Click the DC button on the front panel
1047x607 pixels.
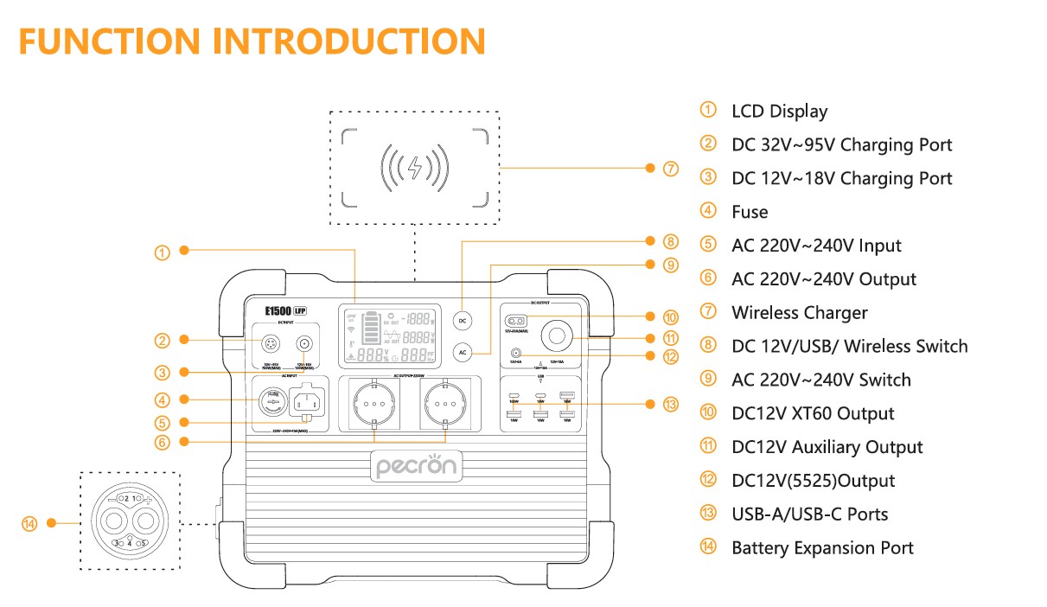click(463, 320)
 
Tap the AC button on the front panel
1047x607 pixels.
click(463, 352)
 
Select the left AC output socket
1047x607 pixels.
click(373, 404)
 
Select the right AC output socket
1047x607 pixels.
click(444, 404)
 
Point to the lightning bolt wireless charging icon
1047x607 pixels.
click(415, 167)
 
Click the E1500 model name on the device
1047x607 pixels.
click(278, 309)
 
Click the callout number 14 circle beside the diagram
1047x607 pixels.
click(29, 523)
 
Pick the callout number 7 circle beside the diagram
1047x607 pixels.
click(671, 169)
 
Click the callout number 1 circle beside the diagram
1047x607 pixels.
click(162, 252)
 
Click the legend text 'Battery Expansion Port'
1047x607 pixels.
click(822, 547)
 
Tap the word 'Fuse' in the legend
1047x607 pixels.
click(750, 212)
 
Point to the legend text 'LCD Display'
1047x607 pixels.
click(779, 111)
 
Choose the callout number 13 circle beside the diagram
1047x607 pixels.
click(671, 404)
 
